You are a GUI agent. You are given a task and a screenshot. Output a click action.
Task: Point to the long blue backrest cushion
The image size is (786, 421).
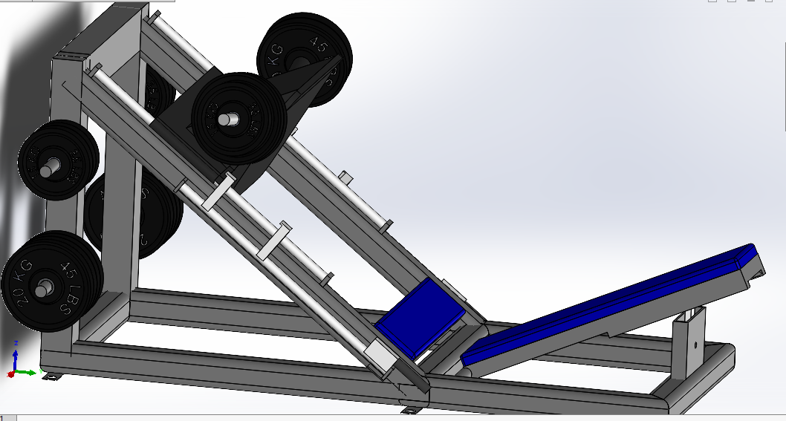[x=609, y=304]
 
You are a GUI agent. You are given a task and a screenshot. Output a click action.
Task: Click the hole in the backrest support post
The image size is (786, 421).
[x=695, y=345]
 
